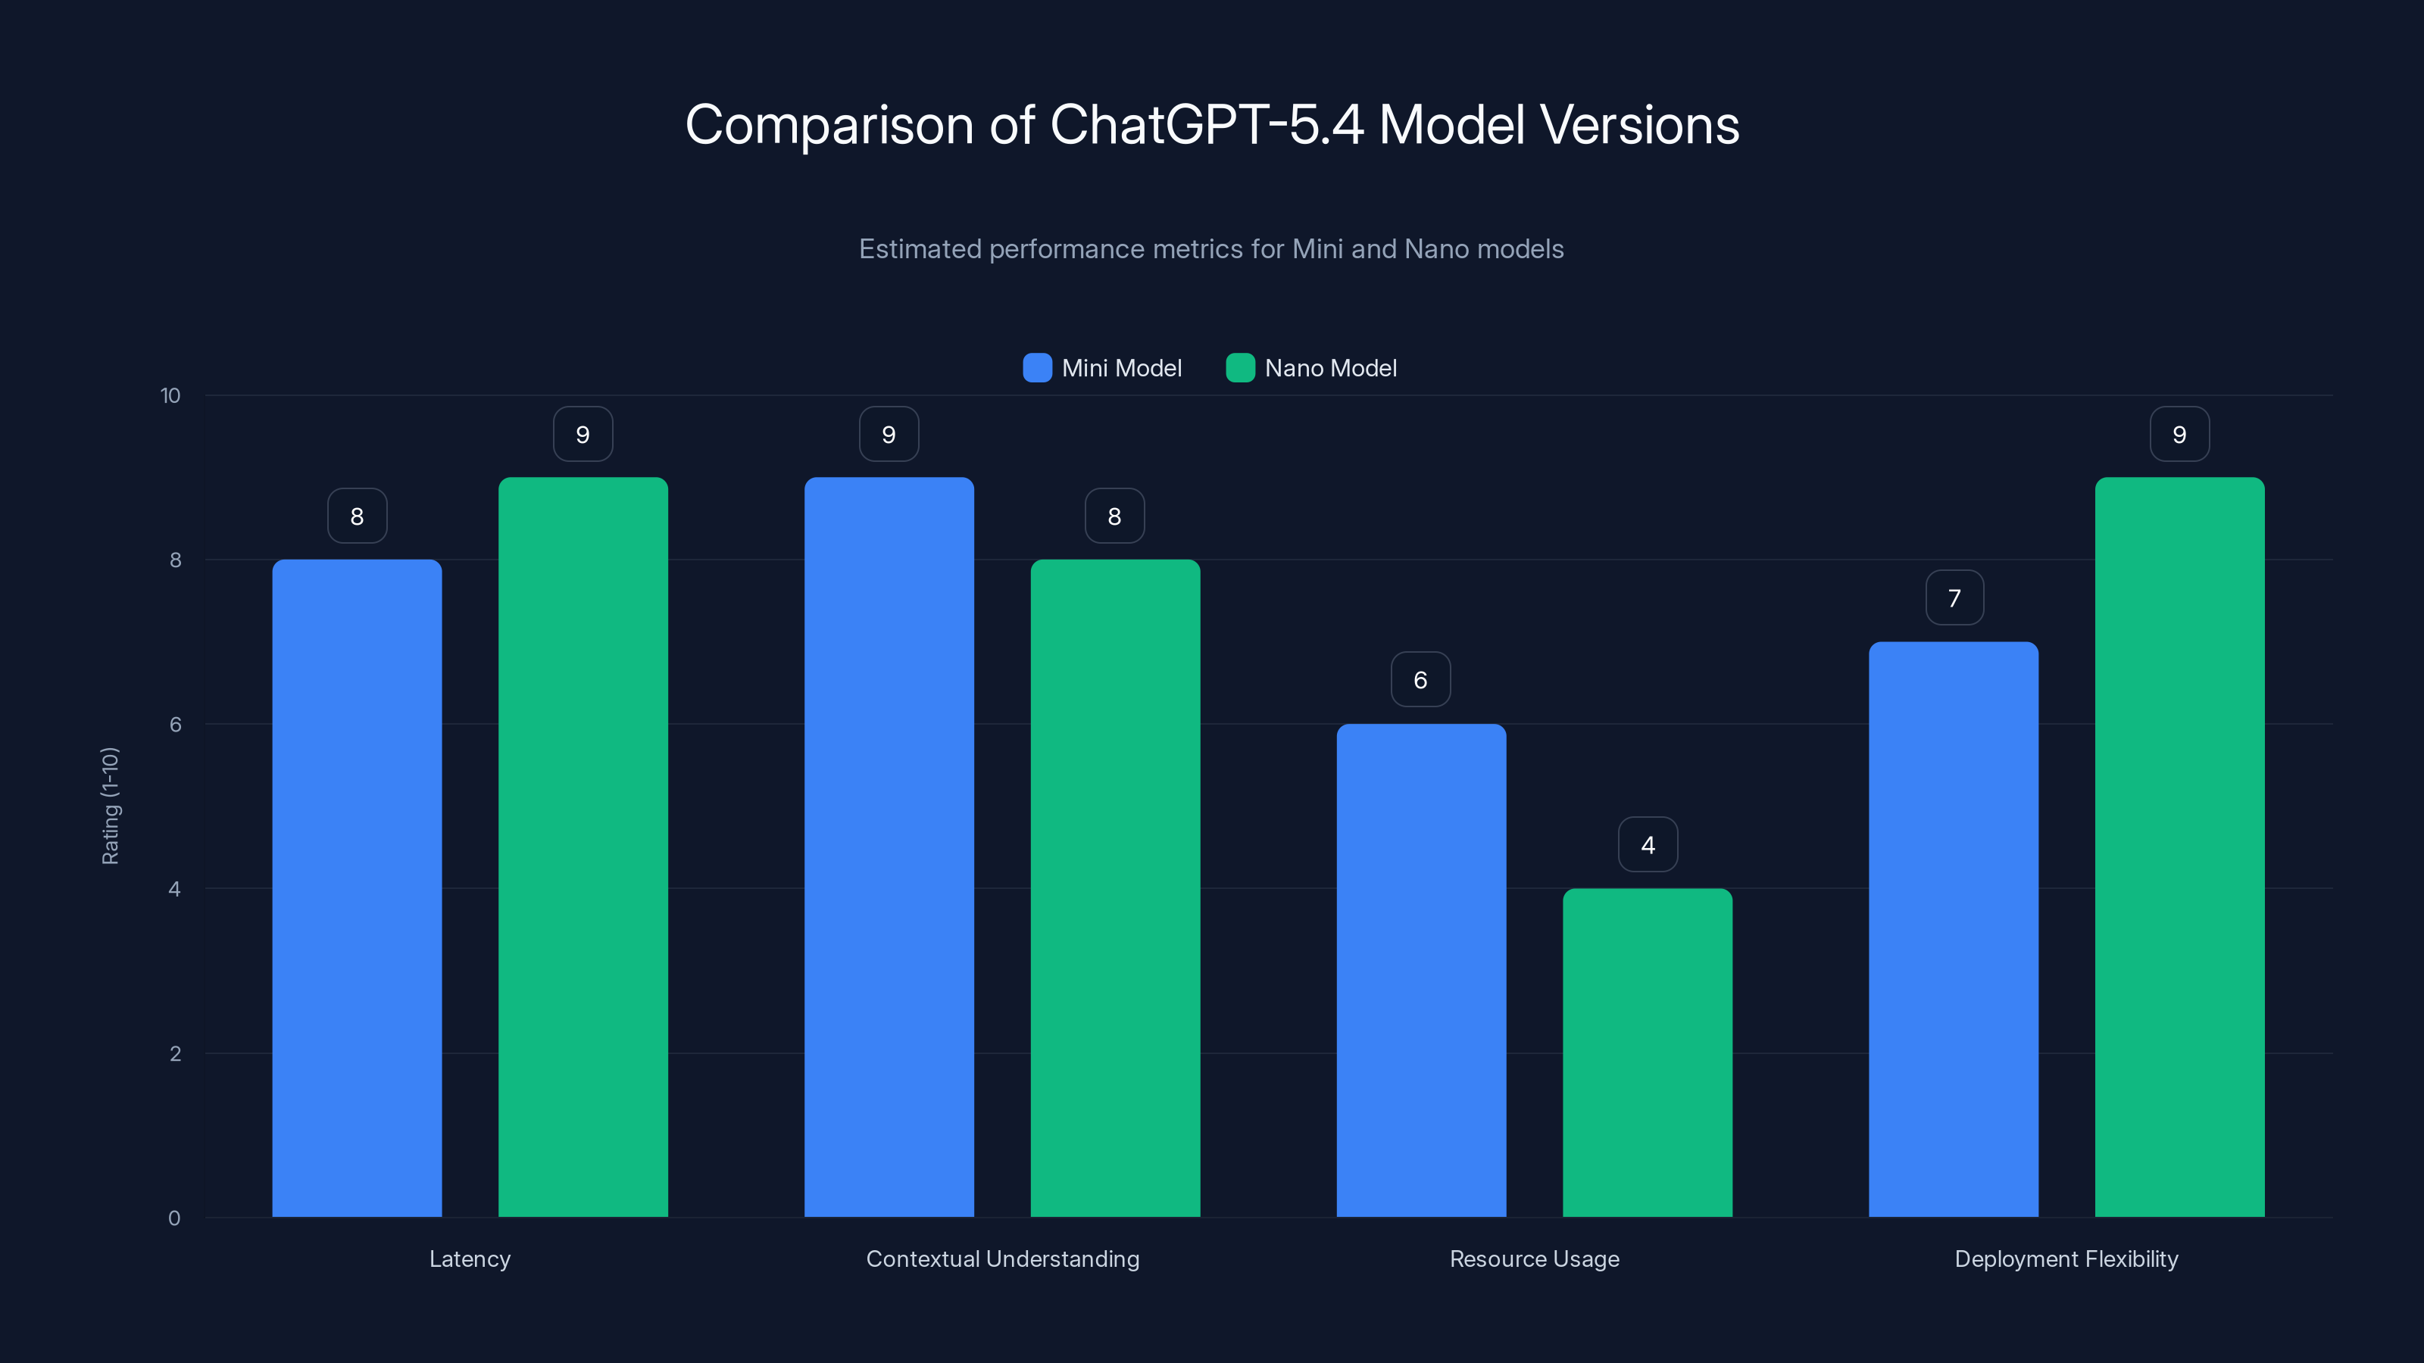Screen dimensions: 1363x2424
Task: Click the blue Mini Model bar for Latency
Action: tap(357, 888)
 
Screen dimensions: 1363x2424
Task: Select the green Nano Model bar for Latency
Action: tap(583, 847)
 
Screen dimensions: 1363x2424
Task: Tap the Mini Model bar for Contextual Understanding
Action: tap(889, 847)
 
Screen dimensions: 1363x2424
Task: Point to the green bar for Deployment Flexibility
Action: tap(2179, 847)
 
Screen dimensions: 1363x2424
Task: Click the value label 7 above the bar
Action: tap(1954, 598)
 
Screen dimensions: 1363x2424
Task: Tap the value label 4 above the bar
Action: tap(1648, 845)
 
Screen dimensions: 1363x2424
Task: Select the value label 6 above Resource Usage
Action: tap(1420, 680)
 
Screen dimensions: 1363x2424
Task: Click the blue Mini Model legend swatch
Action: tap(1037, 368)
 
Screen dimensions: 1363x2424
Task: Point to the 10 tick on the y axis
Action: tap(170, 395)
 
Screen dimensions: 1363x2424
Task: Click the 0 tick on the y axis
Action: tap(174, 1218)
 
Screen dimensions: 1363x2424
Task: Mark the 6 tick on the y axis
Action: tap(175, 725)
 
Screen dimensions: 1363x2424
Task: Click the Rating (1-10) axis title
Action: tap(110, 806)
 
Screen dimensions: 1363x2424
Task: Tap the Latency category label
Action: tap(470, 1259)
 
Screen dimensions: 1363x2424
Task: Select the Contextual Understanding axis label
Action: tap(1002, 1259)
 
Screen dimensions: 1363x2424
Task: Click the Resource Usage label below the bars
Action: tap(1534, 1259)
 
